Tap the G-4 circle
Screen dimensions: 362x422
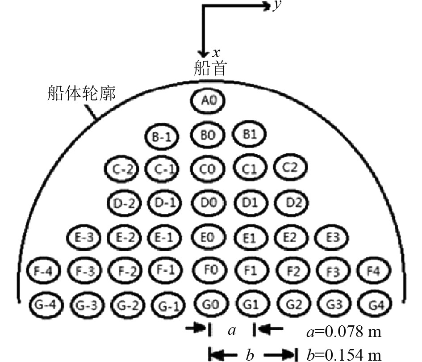coord(46,305)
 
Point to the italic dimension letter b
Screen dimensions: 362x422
coord(250,355)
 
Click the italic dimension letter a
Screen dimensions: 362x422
coord(231,331)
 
